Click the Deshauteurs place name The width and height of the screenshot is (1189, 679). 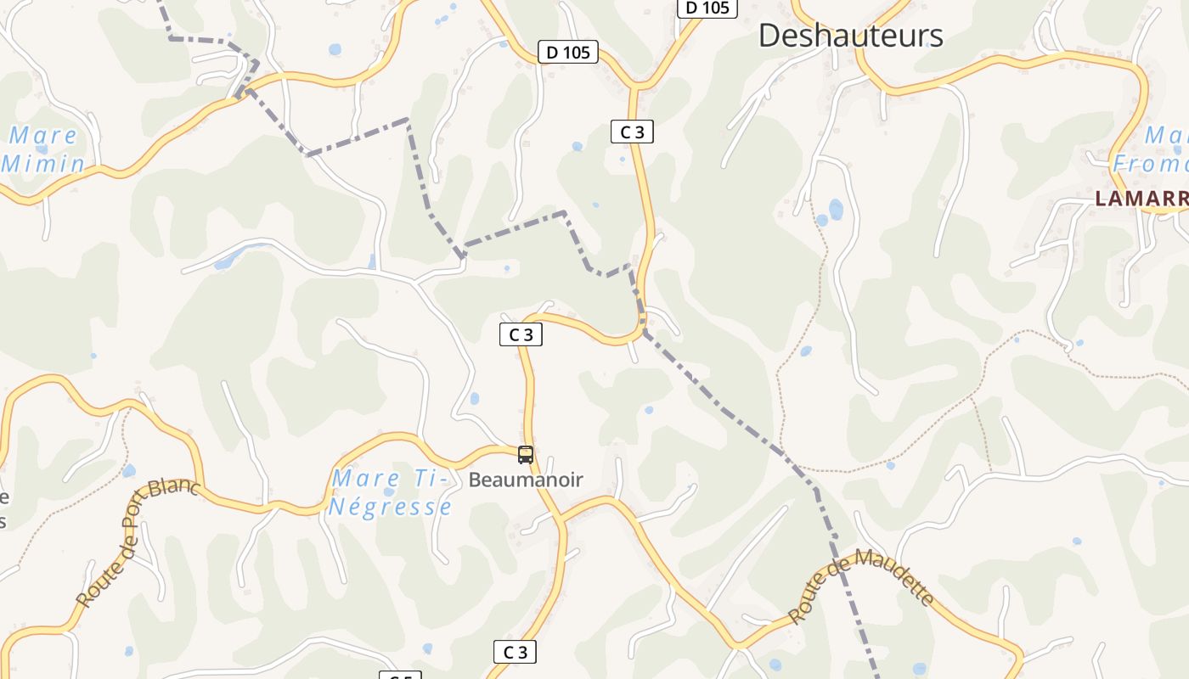pyautogui.click(x=850, y=36)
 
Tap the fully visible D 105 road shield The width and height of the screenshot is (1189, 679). pyautogui.click(x=568, y=53)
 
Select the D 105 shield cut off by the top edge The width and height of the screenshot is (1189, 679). pyautogui.click(x=707, y=8)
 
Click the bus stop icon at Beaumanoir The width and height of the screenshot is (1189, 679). pyautogui.click(x=526, y=455)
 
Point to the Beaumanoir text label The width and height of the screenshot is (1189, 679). pyautogui.click(x=526, y=480)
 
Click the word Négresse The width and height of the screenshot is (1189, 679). pyautogui.click(x=391, y=508)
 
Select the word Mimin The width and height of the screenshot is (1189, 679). pyautogui.click(x=43, y=163)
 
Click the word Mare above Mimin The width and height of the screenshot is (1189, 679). pyautogui.click(x=43, y=135)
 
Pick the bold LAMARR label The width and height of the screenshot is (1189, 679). pyautogui.click(x=1141, y=199)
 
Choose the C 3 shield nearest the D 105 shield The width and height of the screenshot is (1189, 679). pyautogui.click(x=632, y=132)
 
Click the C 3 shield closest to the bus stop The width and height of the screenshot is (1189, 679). pyautogui.click(x=521, y=335)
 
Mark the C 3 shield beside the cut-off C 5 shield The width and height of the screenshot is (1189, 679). pyautogui.click(x=515, y=652)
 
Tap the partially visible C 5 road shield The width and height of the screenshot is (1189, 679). pyautogui.click(x=400, y=676)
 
